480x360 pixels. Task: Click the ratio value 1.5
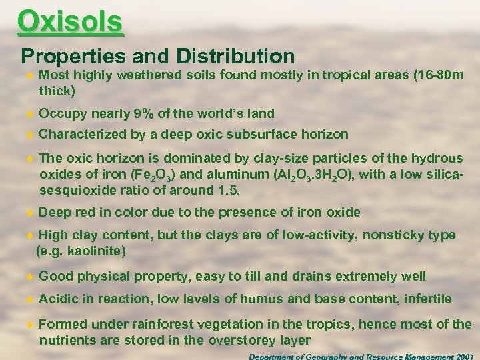pos(227,190)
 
